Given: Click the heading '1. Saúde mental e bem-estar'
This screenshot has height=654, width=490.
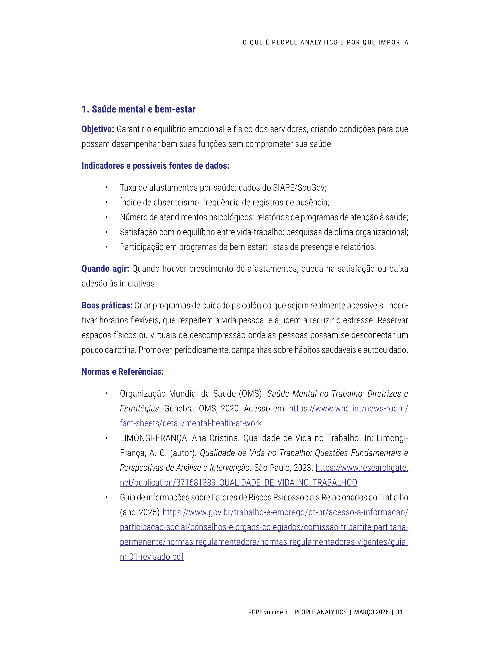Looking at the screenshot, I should [138, 109].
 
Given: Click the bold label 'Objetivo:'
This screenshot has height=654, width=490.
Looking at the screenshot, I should [98, 129].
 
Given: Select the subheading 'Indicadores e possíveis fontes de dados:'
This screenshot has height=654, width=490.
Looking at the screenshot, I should [155, 165].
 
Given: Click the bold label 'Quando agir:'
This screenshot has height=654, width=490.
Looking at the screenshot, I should [105, 269].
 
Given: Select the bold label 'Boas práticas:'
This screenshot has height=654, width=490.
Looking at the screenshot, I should [107, 305].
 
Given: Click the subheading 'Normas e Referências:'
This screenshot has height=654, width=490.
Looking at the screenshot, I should [123, 372].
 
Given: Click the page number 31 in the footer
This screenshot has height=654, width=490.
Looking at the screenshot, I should [399, 612].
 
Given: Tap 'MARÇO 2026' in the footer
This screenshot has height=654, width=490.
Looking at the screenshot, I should [371, 612].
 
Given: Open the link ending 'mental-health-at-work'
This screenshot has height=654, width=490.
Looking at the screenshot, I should [191, 423].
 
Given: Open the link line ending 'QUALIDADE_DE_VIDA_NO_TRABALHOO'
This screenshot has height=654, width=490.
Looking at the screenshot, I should [238, 483].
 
